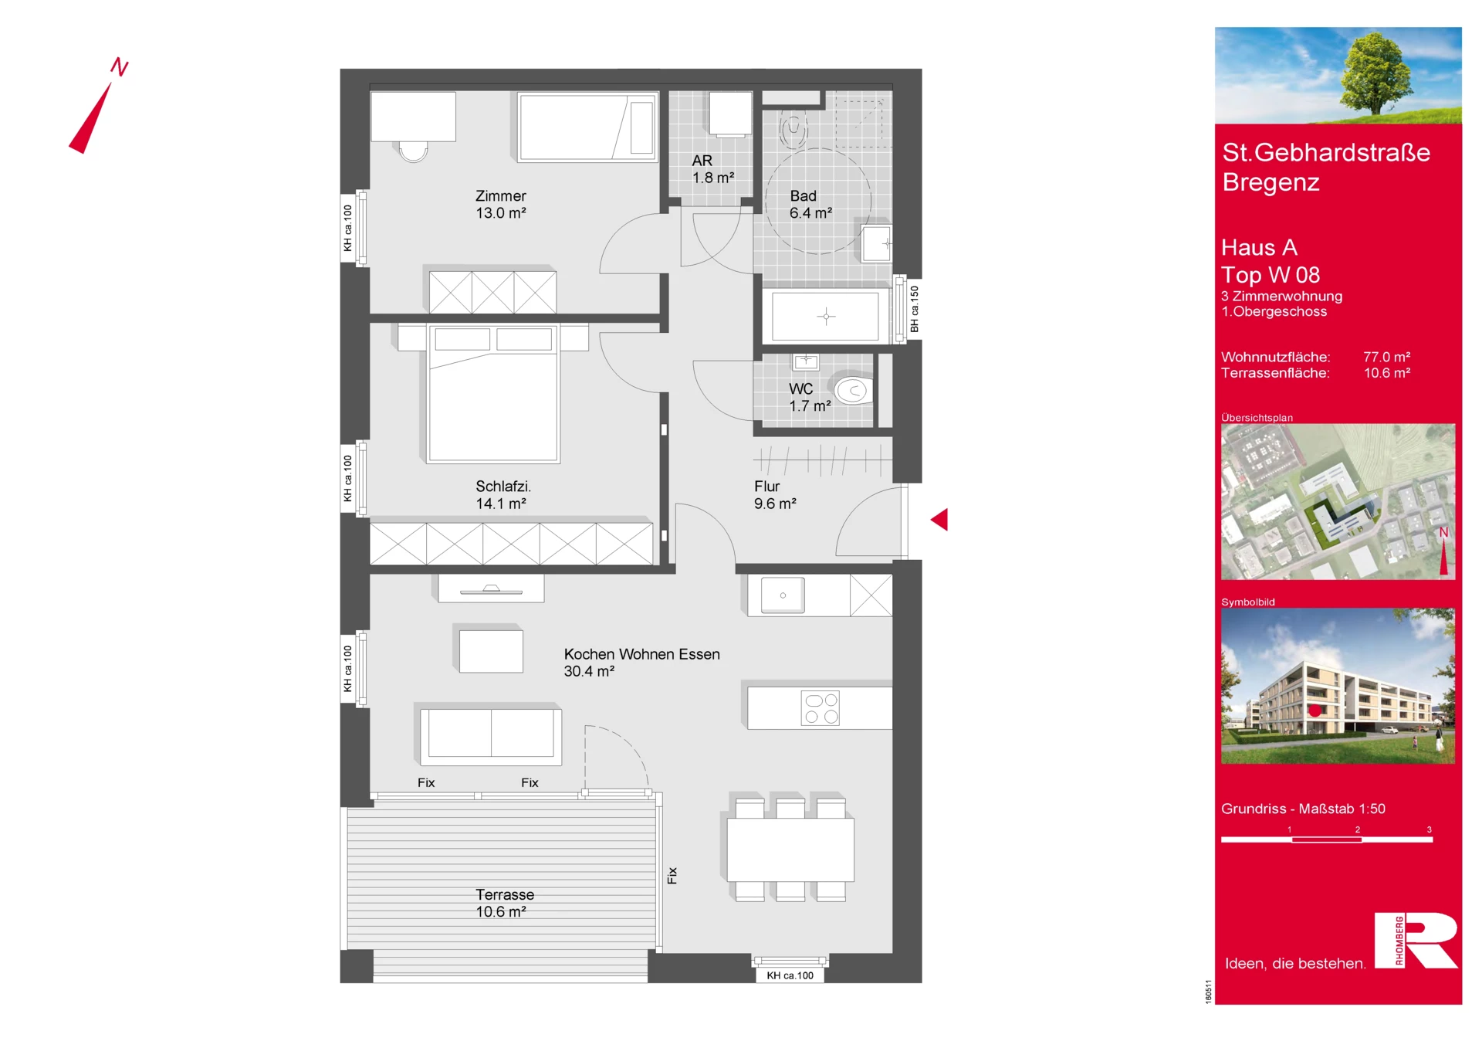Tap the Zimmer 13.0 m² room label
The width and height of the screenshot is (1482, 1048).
[501, 205]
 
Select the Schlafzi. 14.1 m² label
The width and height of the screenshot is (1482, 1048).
[502, 495]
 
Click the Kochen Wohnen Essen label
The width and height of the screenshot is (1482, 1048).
[641, 654]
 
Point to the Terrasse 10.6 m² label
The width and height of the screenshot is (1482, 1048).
[504, 903]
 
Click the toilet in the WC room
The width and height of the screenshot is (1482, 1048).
[853, 391]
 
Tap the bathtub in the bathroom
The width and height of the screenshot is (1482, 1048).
[825, 316]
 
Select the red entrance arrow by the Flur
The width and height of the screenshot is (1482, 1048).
[939, 520]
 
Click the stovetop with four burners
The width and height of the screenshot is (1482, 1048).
[821, 708]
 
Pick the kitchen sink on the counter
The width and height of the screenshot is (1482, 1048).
[783, 595]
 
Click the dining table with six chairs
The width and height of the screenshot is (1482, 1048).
[790, 849]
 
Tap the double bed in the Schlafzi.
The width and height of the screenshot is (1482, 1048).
[493, 393]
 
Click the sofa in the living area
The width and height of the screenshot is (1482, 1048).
[491, 734]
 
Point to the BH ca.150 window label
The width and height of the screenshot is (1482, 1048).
[914, 309]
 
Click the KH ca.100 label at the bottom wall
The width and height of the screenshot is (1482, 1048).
[790, 975]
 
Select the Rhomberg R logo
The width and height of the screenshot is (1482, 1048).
[1416, 940]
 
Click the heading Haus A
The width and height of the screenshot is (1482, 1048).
[1259, 247]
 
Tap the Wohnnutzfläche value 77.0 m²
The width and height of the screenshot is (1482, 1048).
[1386, 357]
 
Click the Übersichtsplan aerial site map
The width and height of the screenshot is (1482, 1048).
[1338, 501]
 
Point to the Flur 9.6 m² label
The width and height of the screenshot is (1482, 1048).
[775, 495]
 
